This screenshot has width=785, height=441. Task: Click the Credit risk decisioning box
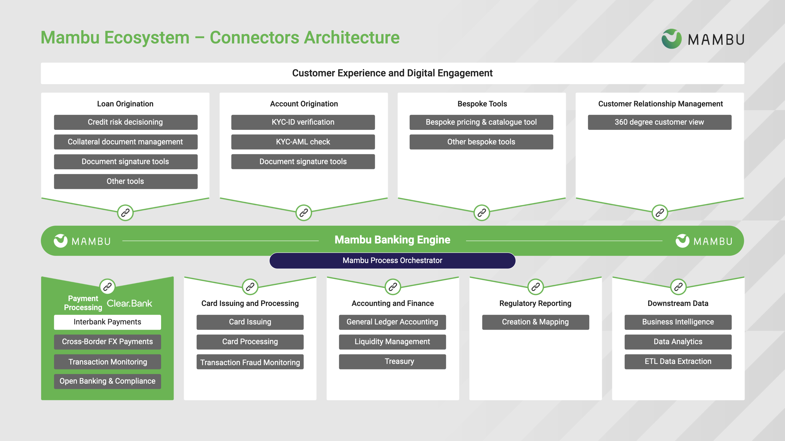(x=126, y=122)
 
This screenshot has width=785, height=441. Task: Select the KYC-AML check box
(x=303, y=142)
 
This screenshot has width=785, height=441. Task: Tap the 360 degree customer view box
(x=659, y=122)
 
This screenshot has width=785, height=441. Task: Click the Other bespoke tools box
(x=481, y=142)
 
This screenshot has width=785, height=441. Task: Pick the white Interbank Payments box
(x=107, y=322)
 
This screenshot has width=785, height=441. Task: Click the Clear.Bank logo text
(x=129, y=303)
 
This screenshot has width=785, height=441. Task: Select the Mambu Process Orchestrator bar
(x=392, y=261)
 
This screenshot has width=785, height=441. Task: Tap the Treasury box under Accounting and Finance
(x=392, y=362)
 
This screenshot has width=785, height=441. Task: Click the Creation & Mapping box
(x=535, y=322)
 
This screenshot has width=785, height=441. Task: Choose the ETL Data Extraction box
(x=678, y=362)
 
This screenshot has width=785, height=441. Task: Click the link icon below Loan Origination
(x=125, y=212)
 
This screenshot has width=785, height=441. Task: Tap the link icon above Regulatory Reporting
(x=535, y=286)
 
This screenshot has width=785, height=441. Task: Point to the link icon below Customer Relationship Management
(x=659, y=212)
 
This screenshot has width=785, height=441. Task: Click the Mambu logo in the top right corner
(x=702, y=39)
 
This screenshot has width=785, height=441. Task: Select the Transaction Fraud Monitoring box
(x=250, y=362)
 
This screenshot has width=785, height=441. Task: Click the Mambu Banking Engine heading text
(x=392, y=240)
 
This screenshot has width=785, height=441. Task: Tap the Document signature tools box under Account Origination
(x=303, y=162)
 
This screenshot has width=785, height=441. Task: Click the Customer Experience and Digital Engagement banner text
(x=392, y=73)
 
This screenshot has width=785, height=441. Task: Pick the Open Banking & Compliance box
(x=107, y=381)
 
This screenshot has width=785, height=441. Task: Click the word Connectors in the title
(x=254, y=38)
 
